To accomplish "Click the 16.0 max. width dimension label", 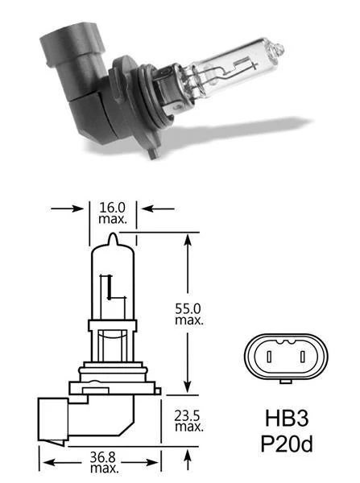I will pyautogui.click(x=112, y=213).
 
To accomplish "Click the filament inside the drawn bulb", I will pyautogui.click(x=106, y=290).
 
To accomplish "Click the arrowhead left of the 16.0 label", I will pyautogui.click(x=78, y=208).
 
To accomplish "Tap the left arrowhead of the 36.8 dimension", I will pyautogui.click(x=47, y=462).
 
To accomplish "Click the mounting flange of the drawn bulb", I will pyautogui.click(x=113, y=376).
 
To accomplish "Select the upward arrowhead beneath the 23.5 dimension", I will pyautogui.click(x=187, y=455).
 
